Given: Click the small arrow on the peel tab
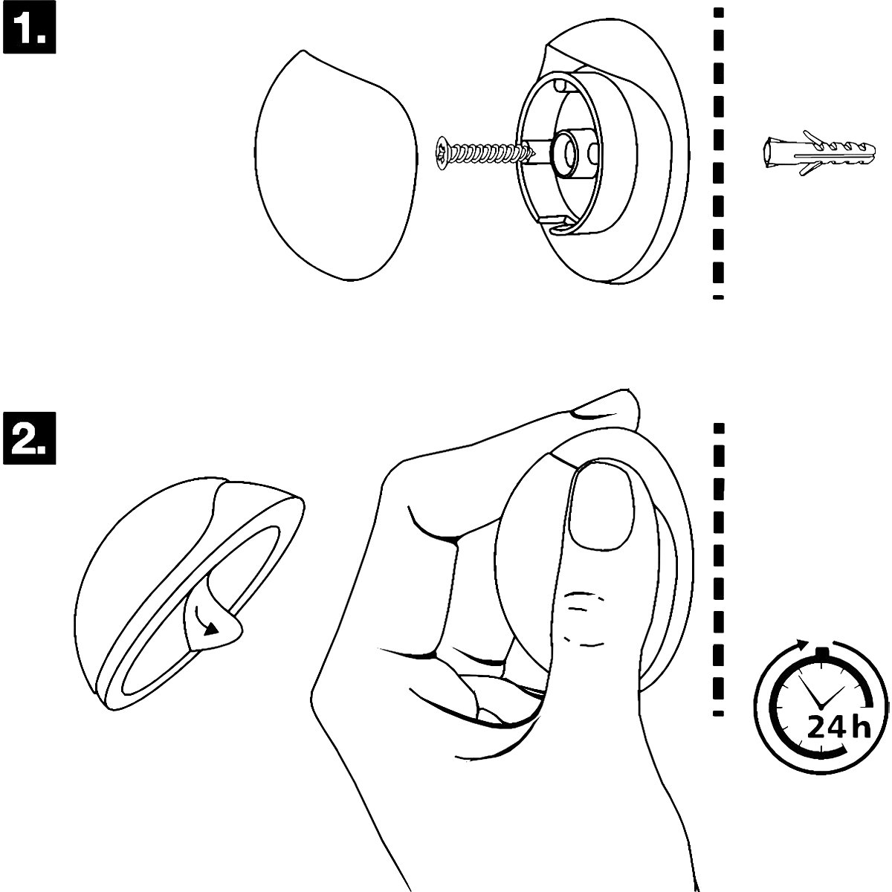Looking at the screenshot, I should pos(210,626).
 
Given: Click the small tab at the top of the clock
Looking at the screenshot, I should pos(821,652).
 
